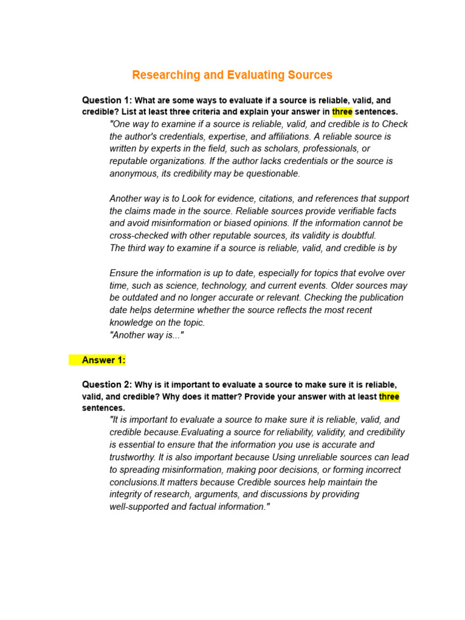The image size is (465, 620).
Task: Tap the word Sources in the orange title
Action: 305,75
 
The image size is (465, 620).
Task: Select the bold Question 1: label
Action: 107,100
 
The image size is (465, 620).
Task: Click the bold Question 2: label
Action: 107,384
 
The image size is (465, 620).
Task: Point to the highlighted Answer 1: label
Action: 104,360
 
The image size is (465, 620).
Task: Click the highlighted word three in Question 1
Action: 342,112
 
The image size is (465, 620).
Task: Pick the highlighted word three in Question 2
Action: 389,397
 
